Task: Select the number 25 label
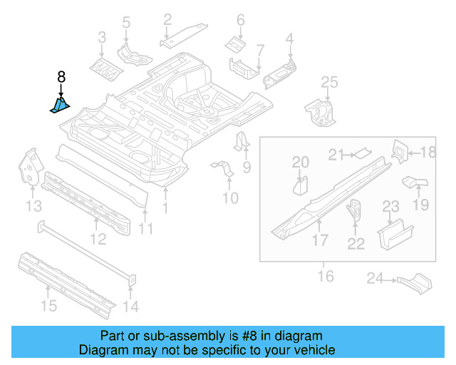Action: pos(328,83)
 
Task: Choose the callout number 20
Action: pos(301,162)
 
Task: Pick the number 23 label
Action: pos(391,207)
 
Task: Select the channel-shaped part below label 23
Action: pos(394,233)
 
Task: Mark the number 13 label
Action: pos(33,207)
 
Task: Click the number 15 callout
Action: pos(48,307)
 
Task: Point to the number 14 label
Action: pos(130,307)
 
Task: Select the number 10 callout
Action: pos(229,197)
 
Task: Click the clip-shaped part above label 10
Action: pos(224,171)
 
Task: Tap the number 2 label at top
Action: pos(167,19)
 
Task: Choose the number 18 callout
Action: pos(427,152)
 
